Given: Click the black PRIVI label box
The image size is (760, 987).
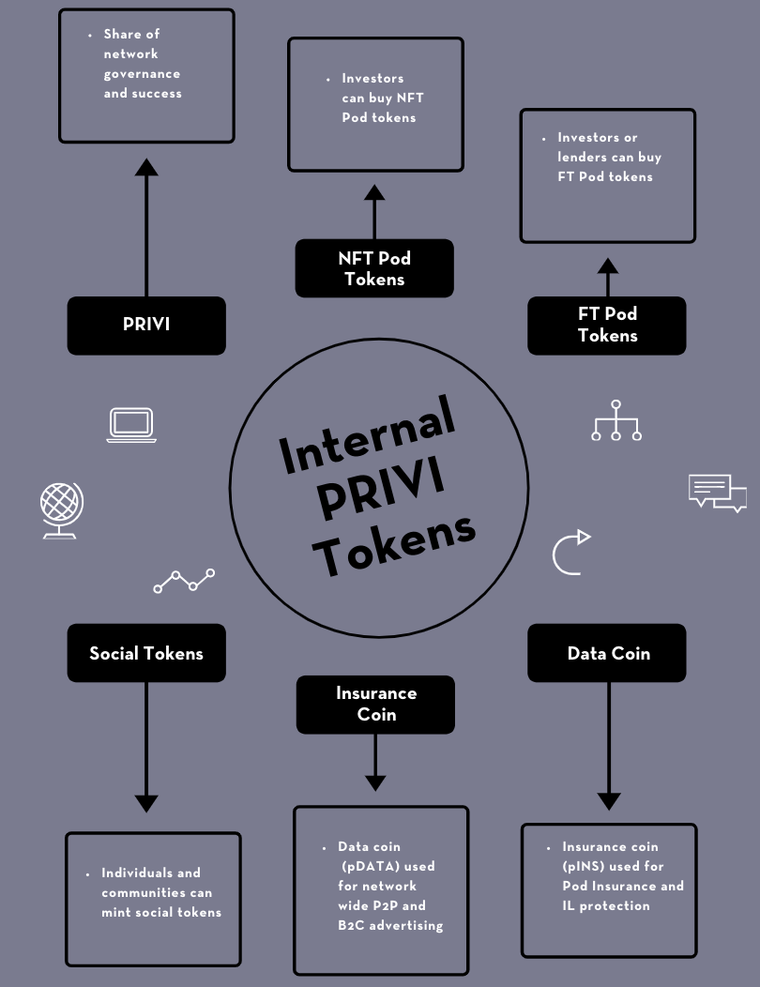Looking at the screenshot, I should (146, 326).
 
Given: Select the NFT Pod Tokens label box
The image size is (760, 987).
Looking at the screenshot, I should (374, 268).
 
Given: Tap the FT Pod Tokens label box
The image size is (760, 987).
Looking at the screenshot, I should (607, 326).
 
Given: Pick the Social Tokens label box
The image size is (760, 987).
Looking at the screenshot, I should (146, 653).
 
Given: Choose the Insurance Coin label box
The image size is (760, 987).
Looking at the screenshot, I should (375, 704).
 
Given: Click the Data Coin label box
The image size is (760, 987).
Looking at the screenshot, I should (607, 653).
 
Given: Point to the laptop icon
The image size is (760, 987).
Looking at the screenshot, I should (131, 425).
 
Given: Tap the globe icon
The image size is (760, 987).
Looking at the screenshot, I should (61, 510).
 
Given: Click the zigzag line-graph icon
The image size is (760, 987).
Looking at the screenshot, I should (184, 581).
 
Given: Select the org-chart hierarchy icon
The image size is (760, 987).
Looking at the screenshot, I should (616, 421).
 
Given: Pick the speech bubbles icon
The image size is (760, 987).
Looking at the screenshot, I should (717, 493).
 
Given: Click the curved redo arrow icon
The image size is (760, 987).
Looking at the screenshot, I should (570, 552).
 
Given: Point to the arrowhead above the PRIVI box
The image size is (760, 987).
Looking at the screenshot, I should (146, 167).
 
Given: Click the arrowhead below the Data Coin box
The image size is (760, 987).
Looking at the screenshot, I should (609, 801).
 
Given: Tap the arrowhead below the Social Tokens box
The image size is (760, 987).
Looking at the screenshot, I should (146, 802).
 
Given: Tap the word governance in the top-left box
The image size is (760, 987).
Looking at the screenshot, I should (142, 73).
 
